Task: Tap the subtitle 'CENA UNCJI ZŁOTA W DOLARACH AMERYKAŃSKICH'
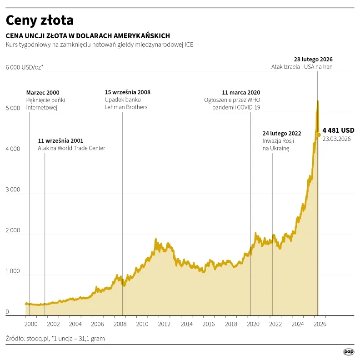[88, 36]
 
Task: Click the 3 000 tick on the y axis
[13, 190]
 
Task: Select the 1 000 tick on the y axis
[13, 271]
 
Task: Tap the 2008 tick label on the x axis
[120, 324]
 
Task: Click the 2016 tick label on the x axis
[209, 324]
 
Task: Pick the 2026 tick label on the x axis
[320, 324]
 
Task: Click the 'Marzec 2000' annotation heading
[43, 92]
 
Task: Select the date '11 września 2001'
[60, 140]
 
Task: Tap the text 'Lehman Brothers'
[126, 107]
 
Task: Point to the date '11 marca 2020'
[241, 92]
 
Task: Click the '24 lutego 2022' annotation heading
[282, 133]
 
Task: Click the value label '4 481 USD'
[338, 130]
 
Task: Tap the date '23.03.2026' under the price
[336, 139]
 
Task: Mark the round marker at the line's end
[318, 135]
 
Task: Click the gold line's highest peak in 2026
[317, 101]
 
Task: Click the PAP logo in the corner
[349, 351]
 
